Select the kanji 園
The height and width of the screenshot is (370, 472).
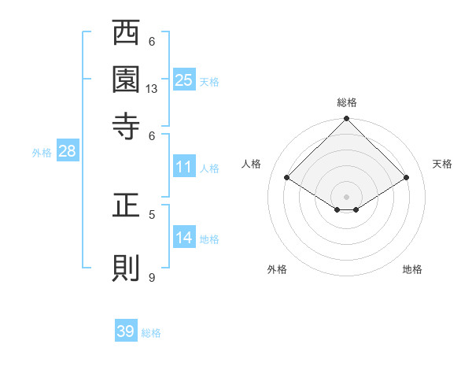(126, 79)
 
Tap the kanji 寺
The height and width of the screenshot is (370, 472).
(126, 124)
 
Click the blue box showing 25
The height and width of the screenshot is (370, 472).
(184, 80)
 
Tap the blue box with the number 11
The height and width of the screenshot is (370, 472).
(184, 167)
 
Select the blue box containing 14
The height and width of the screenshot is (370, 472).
(184, 238)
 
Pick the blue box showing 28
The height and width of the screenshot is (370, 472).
(67, 152)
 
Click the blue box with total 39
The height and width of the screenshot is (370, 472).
(126, 331)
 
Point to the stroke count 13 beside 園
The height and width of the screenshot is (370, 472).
(152, 89)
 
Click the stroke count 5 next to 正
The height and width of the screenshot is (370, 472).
(152, 213)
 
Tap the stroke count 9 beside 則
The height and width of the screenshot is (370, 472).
(152, 277)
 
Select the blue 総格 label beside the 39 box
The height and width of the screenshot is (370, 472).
(151, 333)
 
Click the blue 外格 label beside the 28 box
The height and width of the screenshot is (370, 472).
(42, 153)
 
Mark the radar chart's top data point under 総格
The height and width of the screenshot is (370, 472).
(346, 119)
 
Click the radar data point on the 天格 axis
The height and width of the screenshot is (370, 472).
(407, 178)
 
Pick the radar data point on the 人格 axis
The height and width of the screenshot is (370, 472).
(287, 178)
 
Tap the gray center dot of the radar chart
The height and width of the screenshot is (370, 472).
(346, 196)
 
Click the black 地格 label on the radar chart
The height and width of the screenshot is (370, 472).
(412, 269)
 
